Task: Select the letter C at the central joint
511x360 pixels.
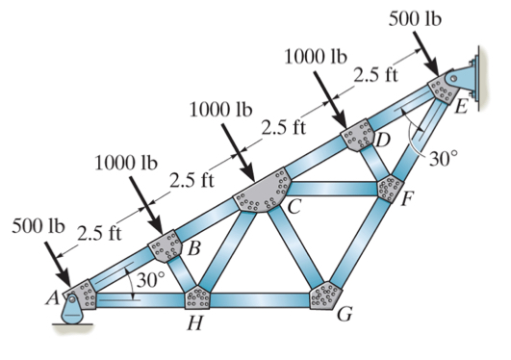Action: (x=294, y=205)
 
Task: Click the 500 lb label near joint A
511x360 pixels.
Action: (x=37, y=230)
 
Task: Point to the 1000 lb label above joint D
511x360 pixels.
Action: (x=316, y=56)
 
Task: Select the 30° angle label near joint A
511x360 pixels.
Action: (x=150, y=281)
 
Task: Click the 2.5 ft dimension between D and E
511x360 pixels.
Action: (x=376, y=75)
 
